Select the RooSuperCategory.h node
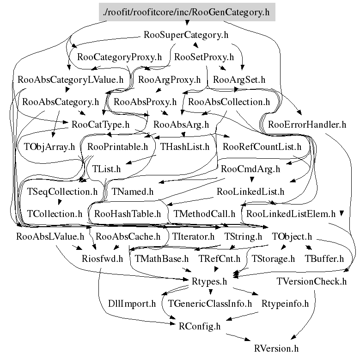(186, 35)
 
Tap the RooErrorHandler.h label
(306, 124)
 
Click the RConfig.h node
(199, 326)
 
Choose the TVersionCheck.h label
(311, 281)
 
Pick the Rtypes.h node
(209, 281)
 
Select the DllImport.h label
(132, 304)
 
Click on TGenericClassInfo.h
(210, 304)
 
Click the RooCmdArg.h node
(250, 169)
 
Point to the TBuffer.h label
(324, 259)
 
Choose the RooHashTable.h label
(127, 214)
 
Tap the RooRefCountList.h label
(262, 147)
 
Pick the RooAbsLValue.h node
(50, 236)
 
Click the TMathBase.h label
(161, 259)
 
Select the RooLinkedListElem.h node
(291, 214)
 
